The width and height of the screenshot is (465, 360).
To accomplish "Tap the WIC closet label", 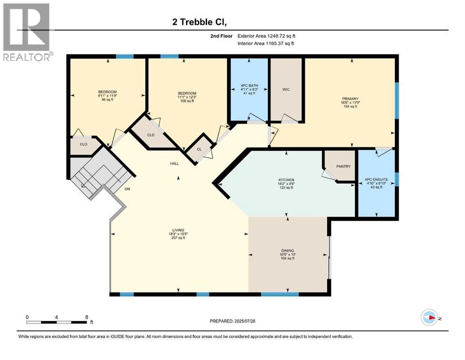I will tap(287, 90).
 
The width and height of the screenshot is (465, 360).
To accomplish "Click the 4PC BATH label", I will tap(248, 85).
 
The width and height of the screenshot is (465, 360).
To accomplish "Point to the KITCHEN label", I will tap(286, 180).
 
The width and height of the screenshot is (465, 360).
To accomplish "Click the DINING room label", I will tap(288, 251).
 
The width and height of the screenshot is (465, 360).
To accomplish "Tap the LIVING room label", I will tap(177, 230).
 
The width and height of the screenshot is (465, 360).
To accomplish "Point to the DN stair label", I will tap(127, 189).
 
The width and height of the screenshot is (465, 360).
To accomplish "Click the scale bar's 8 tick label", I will tap(87, 317).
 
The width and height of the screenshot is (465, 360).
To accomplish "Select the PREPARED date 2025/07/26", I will tap(232, 321).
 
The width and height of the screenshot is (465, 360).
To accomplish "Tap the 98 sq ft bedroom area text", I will tap(107, 100).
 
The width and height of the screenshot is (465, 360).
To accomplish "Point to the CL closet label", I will tap(199, 150).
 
